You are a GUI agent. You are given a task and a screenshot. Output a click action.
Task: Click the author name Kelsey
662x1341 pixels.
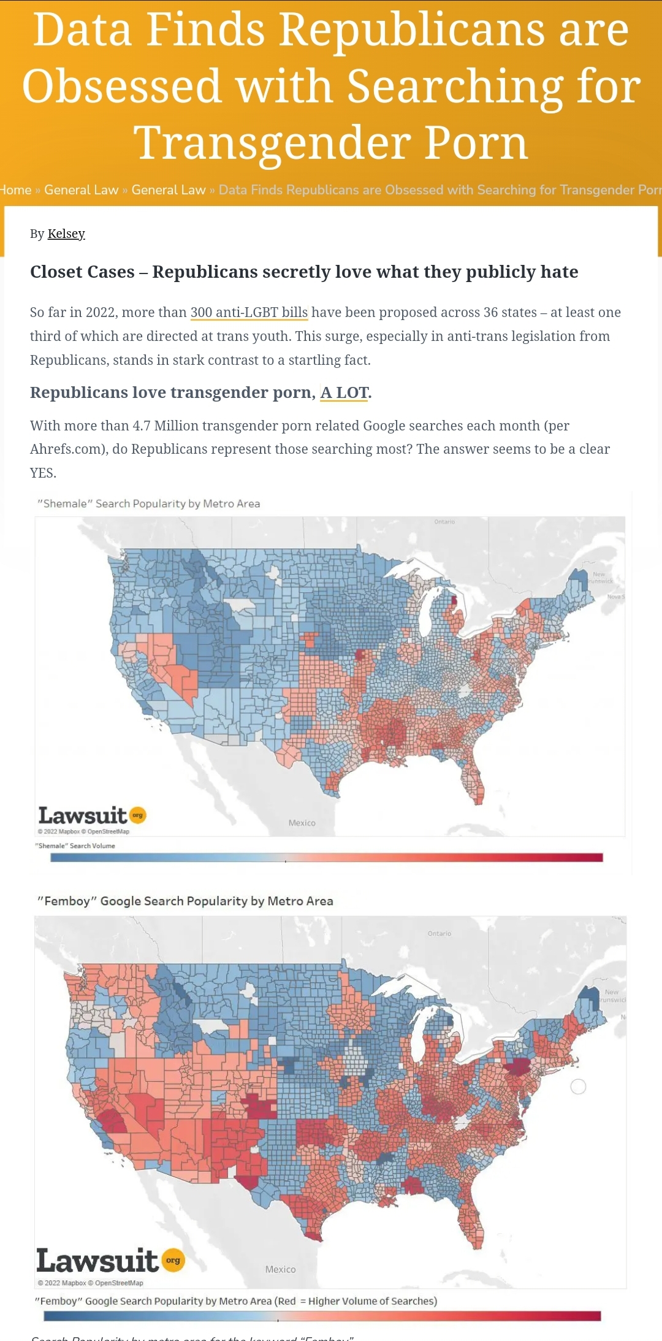66,234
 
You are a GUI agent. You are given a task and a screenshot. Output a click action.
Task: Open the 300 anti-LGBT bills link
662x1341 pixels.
249,312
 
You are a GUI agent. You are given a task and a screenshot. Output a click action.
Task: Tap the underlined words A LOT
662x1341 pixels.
344,392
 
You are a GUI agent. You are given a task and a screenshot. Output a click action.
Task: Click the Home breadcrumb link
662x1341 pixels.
15,190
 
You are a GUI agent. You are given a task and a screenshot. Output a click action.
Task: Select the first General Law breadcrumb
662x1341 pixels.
81,190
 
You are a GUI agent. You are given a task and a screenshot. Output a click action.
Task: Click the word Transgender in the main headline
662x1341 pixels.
272,143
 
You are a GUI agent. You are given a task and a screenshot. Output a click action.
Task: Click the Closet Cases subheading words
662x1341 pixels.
82,272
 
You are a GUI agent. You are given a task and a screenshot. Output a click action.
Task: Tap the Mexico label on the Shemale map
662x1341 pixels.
302,823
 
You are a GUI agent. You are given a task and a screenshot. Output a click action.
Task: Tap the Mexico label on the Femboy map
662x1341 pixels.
281,1269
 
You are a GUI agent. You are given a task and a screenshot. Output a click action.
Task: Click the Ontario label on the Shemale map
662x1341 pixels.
444,522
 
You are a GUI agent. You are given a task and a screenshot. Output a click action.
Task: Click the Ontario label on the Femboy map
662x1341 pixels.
439,933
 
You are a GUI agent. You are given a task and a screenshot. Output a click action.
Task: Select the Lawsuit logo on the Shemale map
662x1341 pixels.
83,816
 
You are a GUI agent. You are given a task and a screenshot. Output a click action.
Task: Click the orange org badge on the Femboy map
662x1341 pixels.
173,1261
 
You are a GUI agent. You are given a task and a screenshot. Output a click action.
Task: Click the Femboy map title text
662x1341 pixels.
185,901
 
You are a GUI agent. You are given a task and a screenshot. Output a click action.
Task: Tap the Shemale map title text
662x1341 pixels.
149,503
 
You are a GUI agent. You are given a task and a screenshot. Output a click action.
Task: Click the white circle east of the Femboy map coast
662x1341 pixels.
578,1087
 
